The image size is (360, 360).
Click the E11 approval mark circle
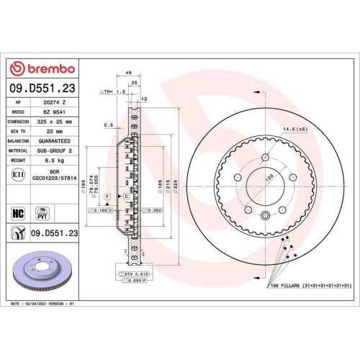tap(17, 175)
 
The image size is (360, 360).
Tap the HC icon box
tap(17, 212)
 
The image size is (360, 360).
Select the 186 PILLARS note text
tap(310, 287)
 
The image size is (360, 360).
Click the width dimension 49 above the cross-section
tap(127, 73)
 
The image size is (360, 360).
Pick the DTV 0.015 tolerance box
tap(130, 274)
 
